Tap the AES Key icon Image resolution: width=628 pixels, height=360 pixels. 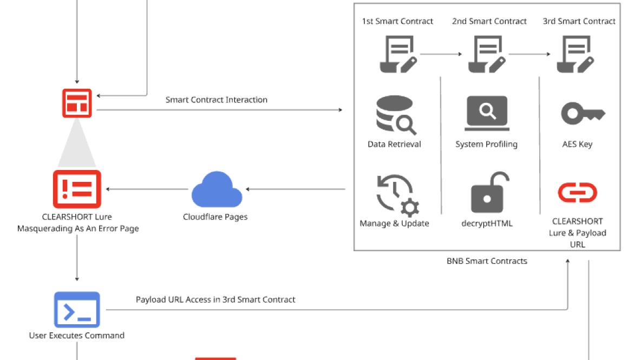tap(583, 113)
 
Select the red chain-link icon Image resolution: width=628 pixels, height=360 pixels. tap(577, 193)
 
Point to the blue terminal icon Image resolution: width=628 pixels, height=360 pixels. tap(77, 309)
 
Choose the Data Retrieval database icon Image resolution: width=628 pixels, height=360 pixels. tap(395, 115)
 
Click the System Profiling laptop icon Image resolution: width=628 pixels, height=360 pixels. tap(487, 113)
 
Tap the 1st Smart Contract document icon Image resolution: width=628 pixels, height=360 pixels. tap(398, 54)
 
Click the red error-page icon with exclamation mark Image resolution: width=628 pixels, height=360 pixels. tap(77, 189)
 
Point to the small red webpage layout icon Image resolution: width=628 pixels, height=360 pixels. tap(77, 103)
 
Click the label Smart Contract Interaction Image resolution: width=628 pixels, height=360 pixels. tap(216, 100)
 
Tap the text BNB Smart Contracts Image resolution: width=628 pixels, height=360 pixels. tap(487, 261)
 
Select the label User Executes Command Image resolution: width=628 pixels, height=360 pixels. tap(77, 336)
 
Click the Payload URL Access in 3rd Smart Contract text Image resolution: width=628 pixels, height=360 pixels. tap(215, 299)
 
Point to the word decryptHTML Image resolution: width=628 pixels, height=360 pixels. tap(487, 224)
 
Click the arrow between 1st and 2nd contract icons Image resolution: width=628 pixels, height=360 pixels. tap(441, 54)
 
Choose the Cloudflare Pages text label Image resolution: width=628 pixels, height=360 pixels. tap(215, 217)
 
